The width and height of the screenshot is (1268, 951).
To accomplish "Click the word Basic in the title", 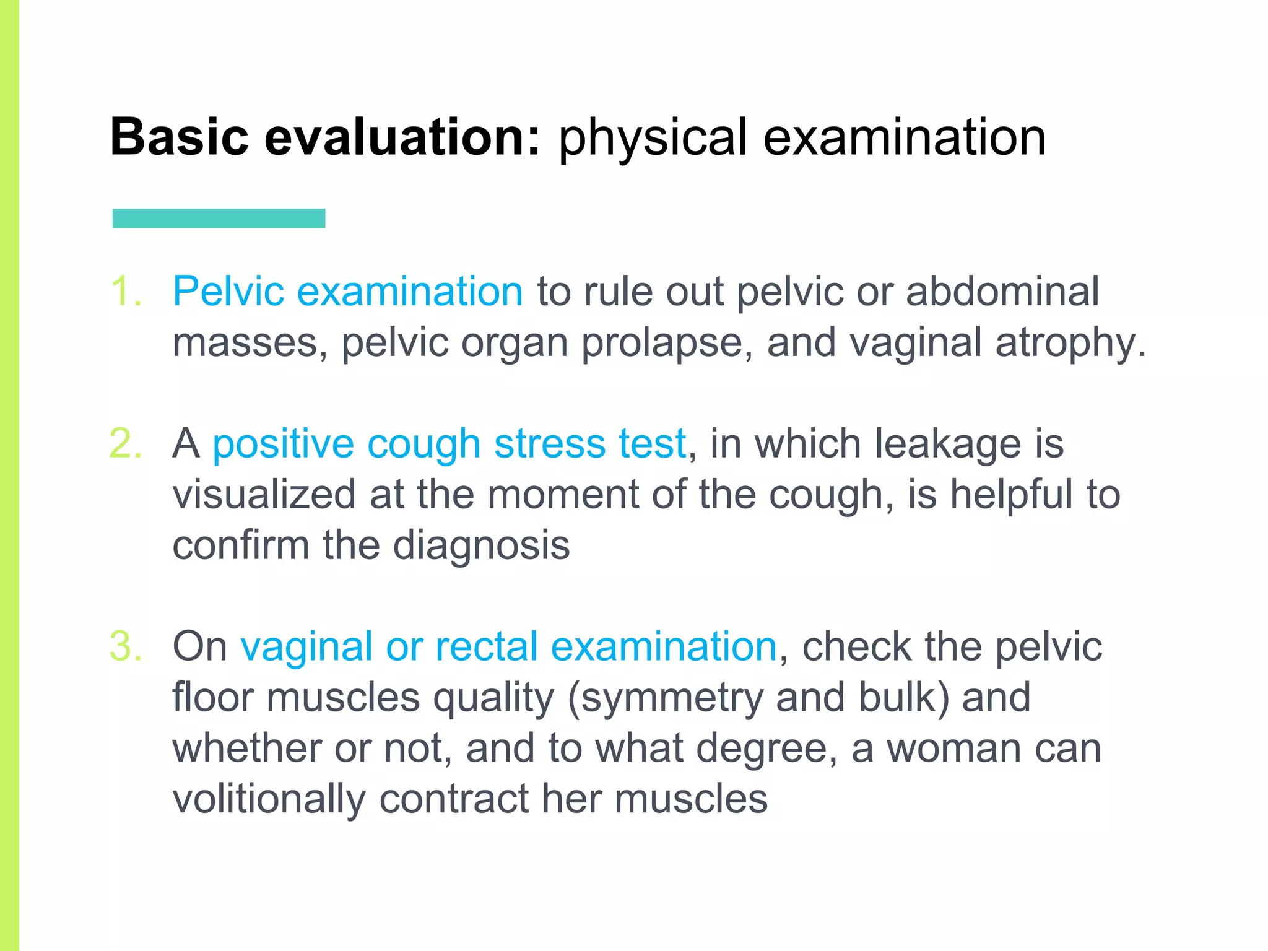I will click(x=179, y=137).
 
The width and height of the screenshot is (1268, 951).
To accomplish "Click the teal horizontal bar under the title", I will click(x=219, y=218).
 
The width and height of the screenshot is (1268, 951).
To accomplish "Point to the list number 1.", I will click(x=126, y=290).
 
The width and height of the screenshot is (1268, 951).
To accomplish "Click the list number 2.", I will click(x=126, y=443).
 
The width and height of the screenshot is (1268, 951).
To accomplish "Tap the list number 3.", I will click(x=126, y=646).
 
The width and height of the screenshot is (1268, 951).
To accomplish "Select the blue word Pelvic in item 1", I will click(x=227, y=290).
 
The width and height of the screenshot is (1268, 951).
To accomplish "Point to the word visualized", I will click(x=264, y=494).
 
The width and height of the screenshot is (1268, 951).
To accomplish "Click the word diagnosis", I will click(x=481, y=546).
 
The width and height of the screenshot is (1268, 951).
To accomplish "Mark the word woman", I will click(x=953, y=748).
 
